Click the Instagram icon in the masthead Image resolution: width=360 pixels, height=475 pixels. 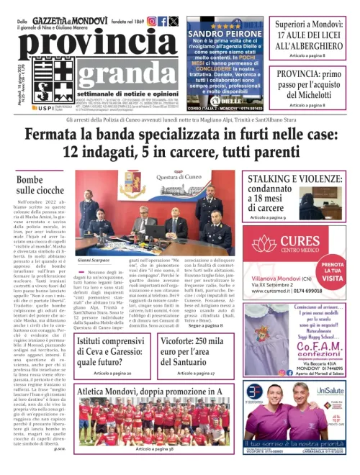[151, 22]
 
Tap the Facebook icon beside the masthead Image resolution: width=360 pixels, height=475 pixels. [163, 22]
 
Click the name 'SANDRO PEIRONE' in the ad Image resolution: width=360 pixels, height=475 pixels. [225, 34]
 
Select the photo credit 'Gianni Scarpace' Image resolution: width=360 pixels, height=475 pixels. [92, 260]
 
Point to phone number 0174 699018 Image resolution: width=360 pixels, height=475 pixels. [301, 290]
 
